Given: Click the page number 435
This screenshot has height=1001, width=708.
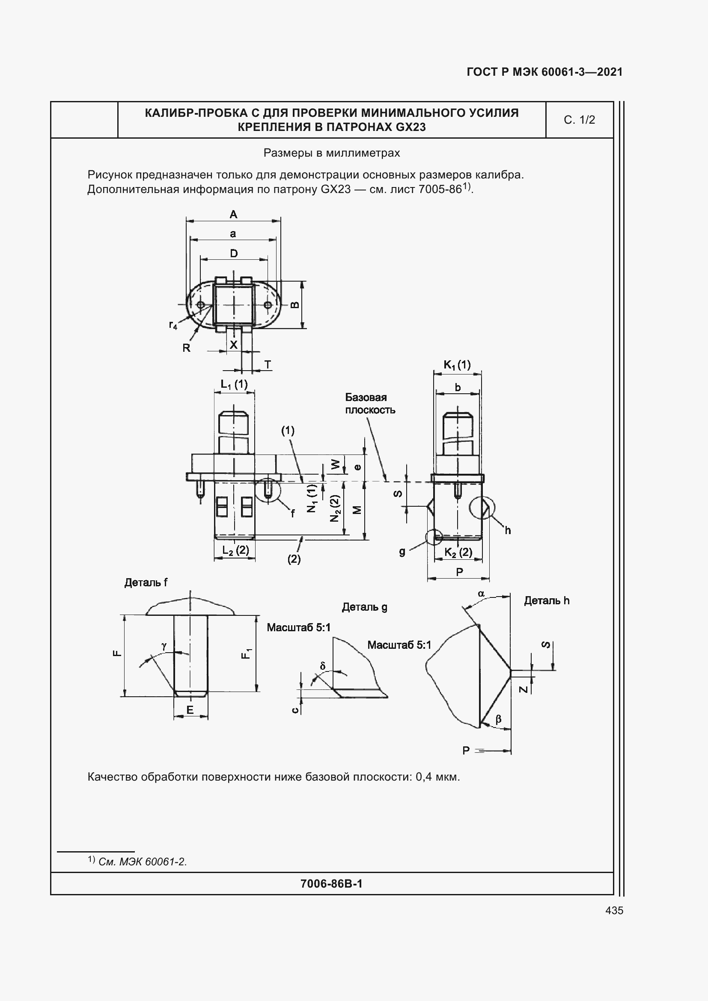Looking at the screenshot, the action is (x=614, y=910).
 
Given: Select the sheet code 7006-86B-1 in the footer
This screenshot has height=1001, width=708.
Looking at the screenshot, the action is (x=331, y=884).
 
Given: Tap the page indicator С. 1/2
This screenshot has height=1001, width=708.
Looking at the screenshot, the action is (x=579, y=120).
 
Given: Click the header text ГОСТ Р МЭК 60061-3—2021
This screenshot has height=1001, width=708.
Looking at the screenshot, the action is (x=544, y=72).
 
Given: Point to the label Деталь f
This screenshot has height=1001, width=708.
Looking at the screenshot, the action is (x=146, y=582).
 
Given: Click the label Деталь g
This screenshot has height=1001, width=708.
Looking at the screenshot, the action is (x=364, y=607).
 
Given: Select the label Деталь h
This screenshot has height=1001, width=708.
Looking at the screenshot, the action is (x=547, y=601).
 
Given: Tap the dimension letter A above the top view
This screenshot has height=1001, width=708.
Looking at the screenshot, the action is (x=233, y=214).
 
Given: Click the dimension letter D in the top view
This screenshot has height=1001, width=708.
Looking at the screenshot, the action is (x=234, y=253).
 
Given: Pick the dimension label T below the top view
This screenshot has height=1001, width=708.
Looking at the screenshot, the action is (x=268, y=365).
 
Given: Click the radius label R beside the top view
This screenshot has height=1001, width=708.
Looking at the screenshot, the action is (x=186, y=348).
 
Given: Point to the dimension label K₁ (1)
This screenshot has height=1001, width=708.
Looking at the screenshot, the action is (x=457, y=365).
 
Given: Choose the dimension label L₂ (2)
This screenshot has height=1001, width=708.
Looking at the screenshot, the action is (x=235, y=550).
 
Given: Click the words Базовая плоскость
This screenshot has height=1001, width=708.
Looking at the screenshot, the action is (x=370, y=403).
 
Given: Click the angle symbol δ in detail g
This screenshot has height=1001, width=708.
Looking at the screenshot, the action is (x=323, y=666).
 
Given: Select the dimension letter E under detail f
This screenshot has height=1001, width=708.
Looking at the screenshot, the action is (x=190, y=710).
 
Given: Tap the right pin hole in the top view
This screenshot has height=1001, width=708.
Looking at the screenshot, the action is (x=268, y=305).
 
